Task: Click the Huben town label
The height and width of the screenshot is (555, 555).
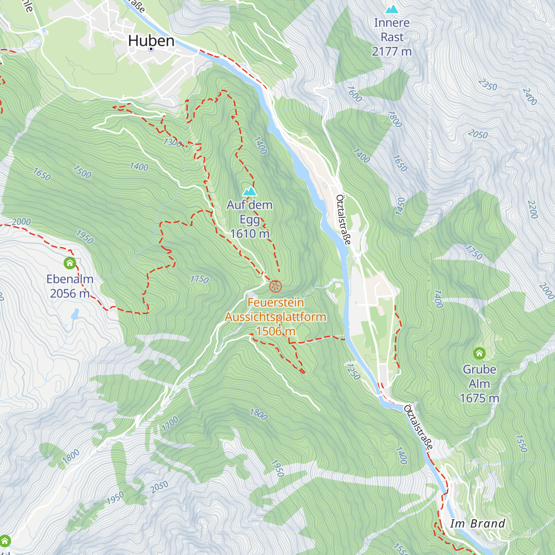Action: pyautogui.click(x=151, y=41)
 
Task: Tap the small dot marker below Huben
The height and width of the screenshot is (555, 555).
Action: pyautogui.click(x=151, y=49)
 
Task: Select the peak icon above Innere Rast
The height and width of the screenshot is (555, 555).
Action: pyautogui.click(x=392, y=9)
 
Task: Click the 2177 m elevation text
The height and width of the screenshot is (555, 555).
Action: pyautogui.click(x=392, y=51)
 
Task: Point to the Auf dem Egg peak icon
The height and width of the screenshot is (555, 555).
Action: pyautogui.click(x=250, y=191)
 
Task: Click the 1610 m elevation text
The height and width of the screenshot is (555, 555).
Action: pyautogui.click(x=250, y=234)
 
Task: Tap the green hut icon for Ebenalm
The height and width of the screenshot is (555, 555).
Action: pyautogui.click(x=70, y=263)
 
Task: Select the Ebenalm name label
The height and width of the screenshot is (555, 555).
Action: pyautogui.click(x=70, y=279)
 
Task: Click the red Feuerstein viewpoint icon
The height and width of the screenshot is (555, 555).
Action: pyautogui.click(x=275, y=286)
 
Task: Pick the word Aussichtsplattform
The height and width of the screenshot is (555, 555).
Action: pyautogui.click(x=276, y=317)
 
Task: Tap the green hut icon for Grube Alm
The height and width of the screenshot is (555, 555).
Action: pyautogui.click(x=479, y=353)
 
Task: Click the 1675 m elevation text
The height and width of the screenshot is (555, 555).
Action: pyautogui.click(x=479, y=398)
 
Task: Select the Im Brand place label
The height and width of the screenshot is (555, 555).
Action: pyautogui.click(x=478, y=524)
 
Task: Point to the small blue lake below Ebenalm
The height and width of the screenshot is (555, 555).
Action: pyautogui.click(x=74, y=315)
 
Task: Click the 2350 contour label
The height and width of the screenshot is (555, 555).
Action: pyautogui.click(x=487, y=85)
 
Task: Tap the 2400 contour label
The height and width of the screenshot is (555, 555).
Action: pyautogui.click(x=530, y=97)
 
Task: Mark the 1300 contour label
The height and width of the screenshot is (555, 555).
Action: pyautogui.click(x=172, y=142)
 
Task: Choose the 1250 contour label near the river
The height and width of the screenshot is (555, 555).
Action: pyautogui.click(x=353, y=371)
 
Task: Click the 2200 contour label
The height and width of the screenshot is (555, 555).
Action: pyautogui.click(x=532, y=210)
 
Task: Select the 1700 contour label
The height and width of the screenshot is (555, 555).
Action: pyautogui.click(x=170, y=424)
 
